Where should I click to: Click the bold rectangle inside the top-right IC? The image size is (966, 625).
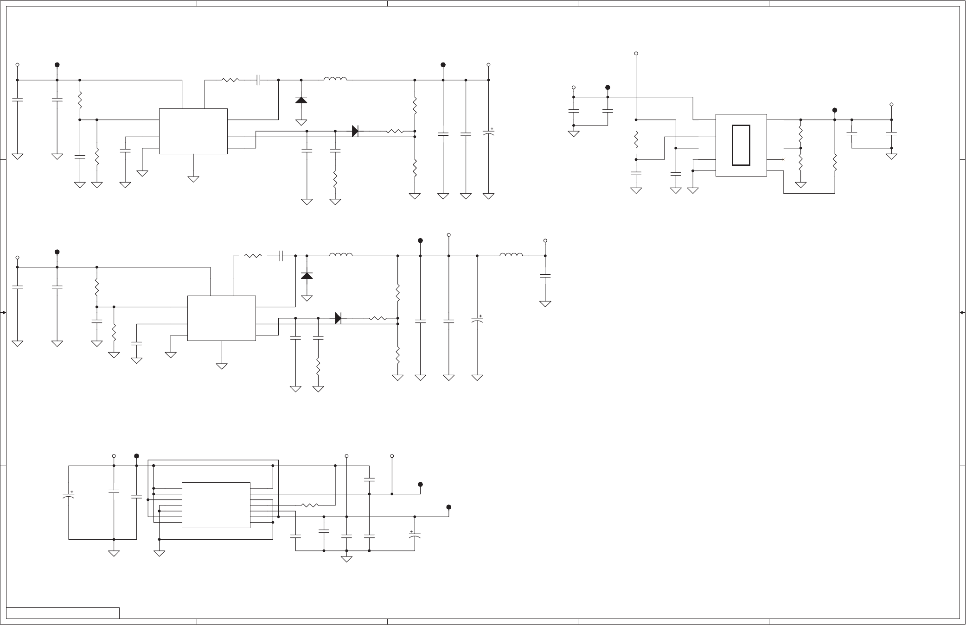pyautogui.click(x=741, y=145)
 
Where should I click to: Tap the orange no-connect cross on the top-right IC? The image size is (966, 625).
pyautogui.click(x=783, y=159)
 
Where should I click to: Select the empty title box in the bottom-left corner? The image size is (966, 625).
pyautogui.click(x=63, y=612)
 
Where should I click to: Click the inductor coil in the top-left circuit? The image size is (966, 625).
pyautogui.click(x=335, y=79)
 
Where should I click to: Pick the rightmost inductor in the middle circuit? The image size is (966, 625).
pyautogui.click(x=511, y=255)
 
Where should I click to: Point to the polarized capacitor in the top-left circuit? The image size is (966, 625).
pyautogui.click(x=488, y=133)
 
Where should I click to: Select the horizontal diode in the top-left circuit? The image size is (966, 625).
pyautogui.click(x=355, y=131)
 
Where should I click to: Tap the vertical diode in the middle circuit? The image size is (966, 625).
pyautogui.click(x=307, y=276)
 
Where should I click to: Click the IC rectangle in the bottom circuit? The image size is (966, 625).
pyautogui.click(x=216, y=505)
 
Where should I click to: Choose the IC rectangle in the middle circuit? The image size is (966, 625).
pyautogui.click(x=221, y=318)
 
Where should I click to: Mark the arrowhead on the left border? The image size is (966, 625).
pyautogui.click(x=4, y=313)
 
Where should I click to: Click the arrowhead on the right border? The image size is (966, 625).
pyautogui.click(x=962, y=313)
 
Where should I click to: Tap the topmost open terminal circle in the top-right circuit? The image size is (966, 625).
pyautogui.click(x=636, y=54)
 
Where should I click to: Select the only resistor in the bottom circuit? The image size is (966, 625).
pyautogui.click(x=309, y=505)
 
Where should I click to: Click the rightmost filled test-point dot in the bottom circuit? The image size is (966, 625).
pyautogui.click(x=448, y=507)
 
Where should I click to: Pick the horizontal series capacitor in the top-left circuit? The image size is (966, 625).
pyautogui.click(x=259, y=80)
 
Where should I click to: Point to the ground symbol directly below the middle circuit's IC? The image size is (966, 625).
pyautogui.click(x=222, y=366)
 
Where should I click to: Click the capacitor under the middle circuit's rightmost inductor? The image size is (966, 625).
pyautogui.click(x=545, y=276)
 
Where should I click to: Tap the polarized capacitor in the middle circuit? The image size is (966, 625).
pyautogui.click(x=477, y=320)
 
